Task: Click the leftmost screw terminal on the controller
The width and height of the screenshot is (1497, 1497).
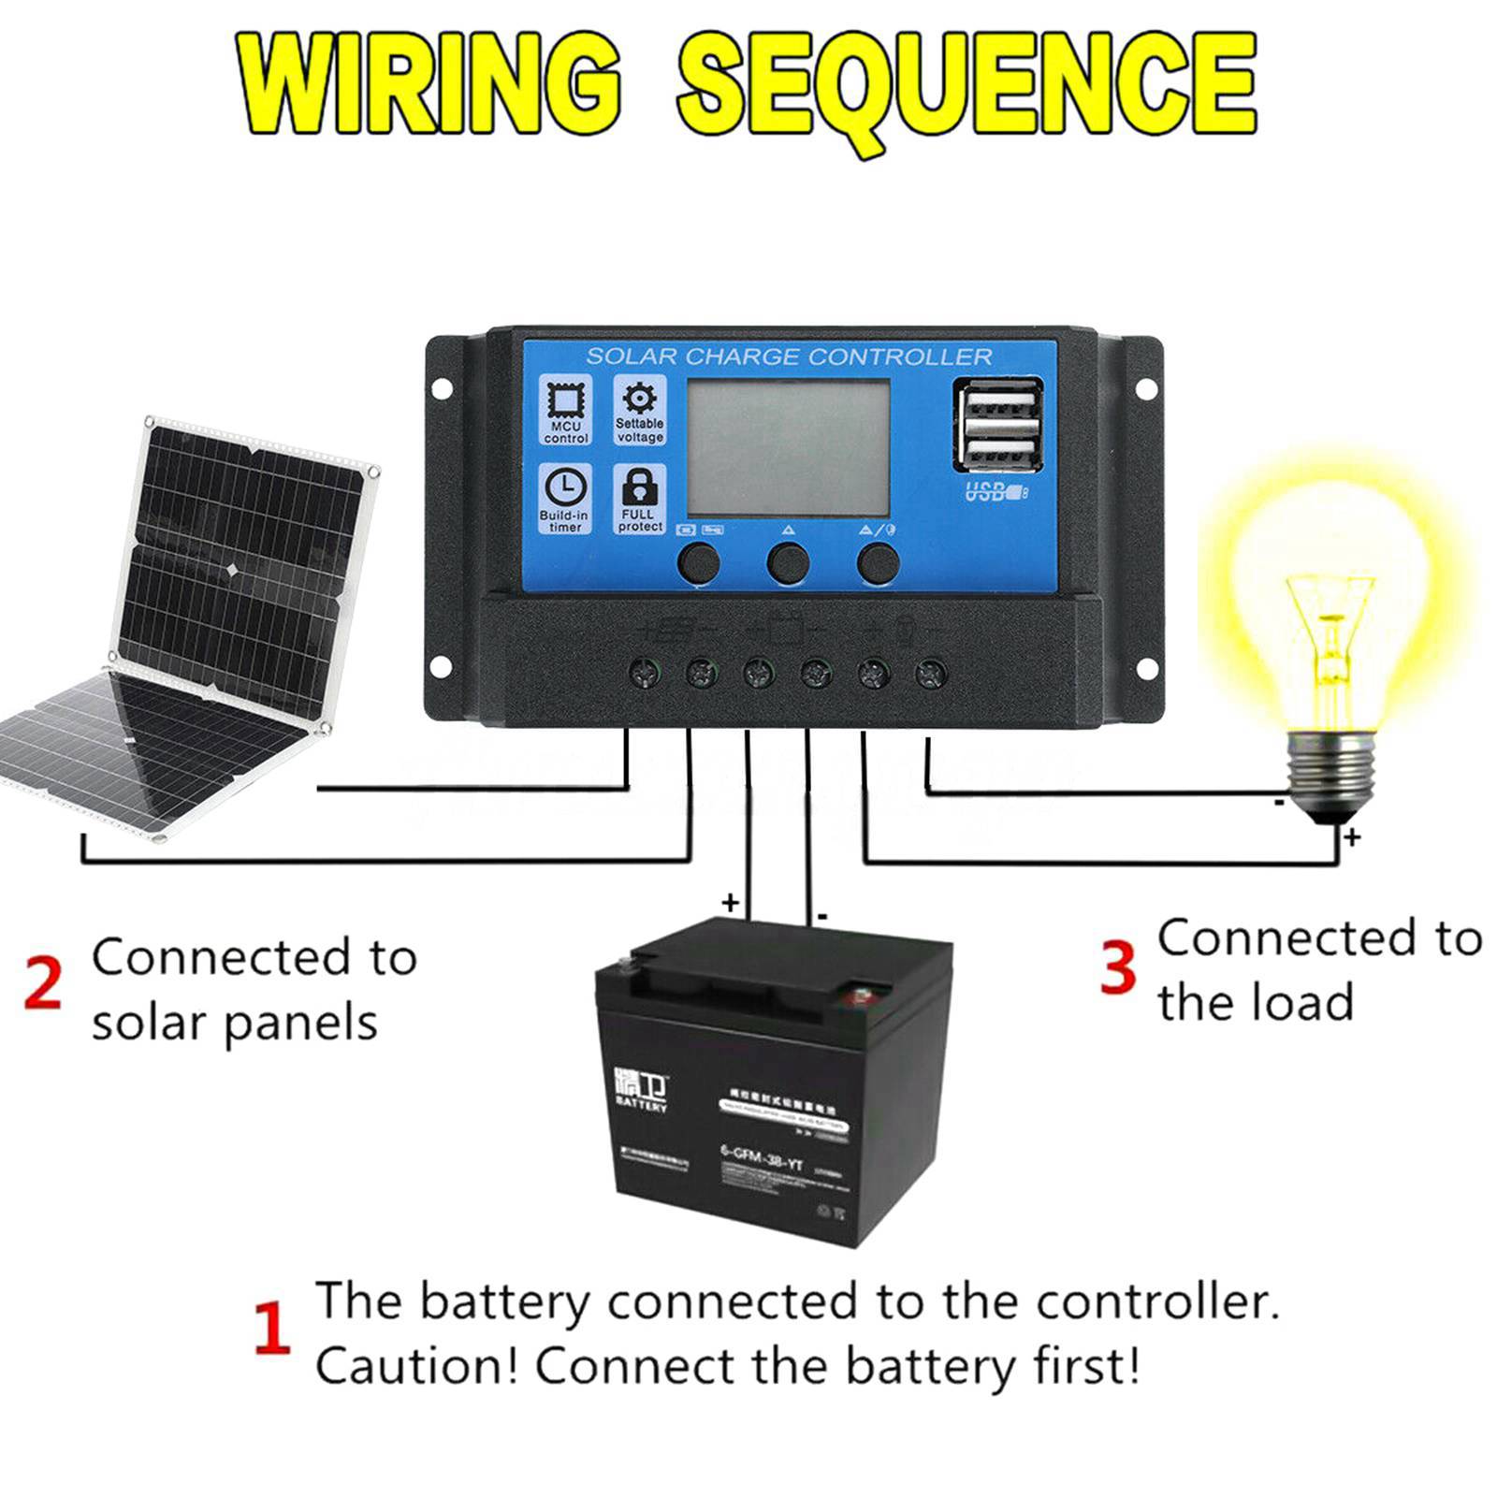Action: coord(645,672)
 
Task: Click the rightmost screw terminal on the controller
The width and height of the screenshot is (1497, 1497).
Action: coord(930,672)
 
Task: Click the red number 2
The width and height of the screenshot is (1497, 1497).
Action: coord(43,982)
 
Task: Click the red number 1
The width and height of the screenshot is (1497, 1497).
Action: coord(271,1329)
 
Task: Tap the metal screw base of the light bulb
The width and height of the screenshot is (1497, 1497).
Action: coord(1332,763)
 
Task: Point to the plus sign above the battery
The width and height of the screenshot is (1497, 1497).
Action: coord(730,903)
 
